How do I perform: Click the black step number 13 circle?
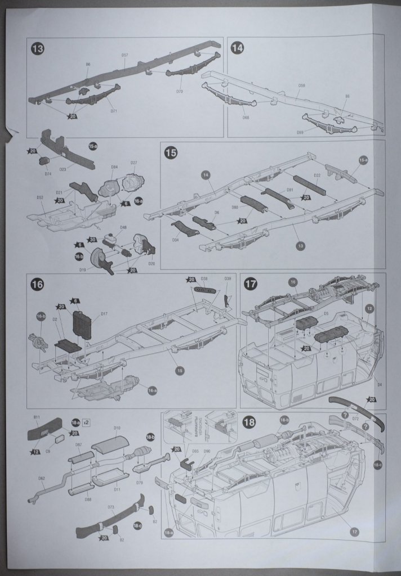click(x=38, y=49)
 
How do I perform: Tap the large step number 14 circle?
click(x=237, y=48)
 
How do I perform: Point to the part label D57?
click(x=124, y=55)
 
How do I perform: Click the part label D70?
click(x=180, y=91)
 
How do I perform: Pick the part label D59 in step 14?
click(x=301, y=85)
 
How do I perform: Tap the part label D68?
click(x=246, y=117)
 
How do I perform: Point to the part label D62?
click(x=42, y=479)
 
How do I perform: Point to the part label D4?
click(x=380, y=385)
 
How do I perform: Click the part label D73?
click(x=110, y=507)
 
